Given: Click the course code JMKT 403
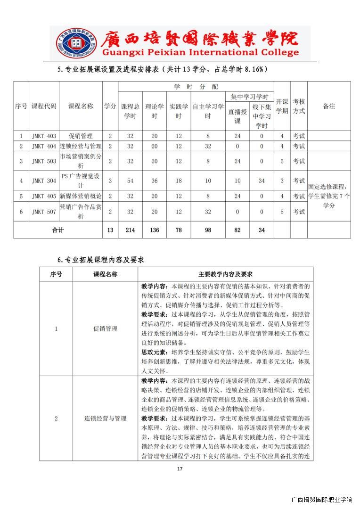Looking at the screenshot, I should [44, 136].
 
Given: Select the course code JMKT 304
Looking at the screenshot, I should [44, 181].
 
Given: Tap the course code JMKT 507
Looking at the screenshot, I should [44, 212].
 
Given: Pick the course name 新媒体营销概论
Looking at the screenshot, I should [81, 196].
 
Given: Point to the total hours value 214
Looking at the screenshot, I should [130, 230].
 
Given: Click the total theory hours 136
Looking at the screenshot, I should [154, 230].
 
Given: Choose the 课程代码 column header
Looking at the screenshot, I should [44, 107].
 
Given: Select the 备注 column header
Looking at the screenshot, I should [329, 107].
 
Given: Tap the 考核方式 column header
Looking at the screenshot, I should [299, 107].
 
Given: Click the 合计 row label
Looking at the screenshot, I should [57, 230].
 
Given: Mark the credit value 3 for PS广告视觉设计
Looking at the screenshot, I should [110, 181].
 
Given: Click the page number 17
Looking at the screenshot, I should [180, 468].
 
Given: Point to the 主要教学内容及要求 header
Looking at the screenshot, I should [225, 274].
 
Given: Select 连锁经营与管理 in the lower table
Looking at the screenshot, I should [105, 418].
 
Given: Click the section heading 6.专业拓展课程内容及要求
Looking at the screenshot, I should [100, 260].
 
